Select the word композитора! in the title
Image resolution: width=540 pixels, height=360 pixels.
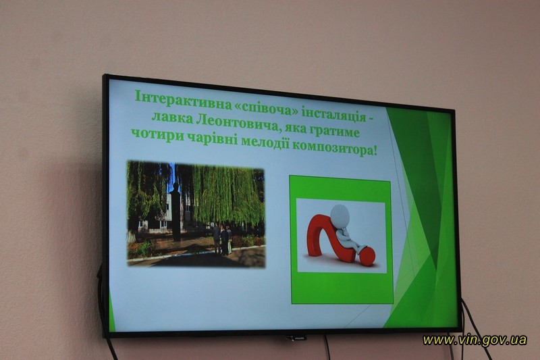pyautogui.click(x=334, y=148)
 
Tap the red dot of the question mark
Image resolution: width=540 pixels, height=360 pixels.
pyautogui.click(x=367, y=256)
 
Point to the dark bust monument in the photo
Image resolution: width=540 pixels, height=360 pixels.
pyautogui.click(x=175, y=211)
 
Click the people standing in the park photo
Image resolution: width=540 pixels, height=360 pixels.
pyautogui.click(x=221, y=239)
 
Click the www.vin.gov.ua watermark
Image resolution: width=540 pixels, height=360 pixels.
pyautogui.click(x=475, y=340)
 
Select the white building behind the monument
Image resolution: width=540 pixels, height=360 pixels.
pyautogui.click(x=160, y=213)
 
